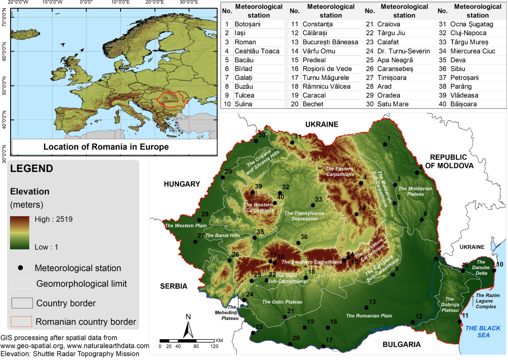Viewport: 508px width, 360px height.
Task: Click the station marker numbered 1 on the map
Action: [385, 144]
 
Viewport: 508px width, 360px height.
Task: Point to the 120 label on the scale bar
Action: [214, 346]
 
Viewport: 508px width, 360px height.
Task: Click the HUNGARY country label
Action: [182, 184]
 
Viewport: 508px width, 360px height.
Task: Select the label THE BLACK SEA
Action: [483, 332]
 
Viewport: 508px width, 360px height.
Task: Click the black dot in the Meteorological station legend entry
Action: [20, 268]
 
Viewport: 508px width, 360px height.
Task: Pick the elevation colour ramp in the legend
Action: [20, 233]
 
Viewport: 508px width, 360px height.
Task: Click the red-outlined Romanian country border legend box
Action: [22, 321]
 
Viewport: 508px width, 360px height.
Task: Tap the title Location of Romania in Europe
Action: [106, 147]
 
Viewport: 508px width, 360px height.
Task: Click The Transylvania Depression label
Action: [304, 216]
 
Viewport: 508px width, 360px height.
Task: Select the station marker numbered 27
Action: [195, 242]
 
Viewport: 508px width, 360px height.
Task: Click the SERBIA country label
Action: [174, 286]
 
